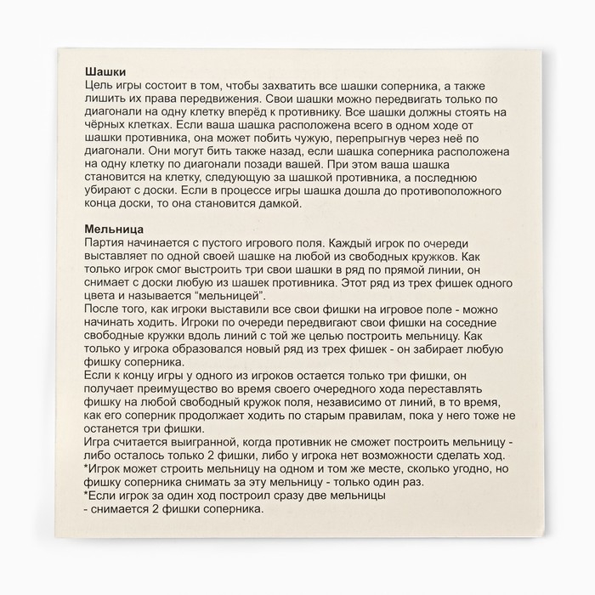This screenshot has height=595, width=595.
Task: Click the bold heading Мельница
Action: [x=113, y=229]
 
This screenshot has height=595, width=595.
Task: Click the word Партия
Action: [x=107, y=242]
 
